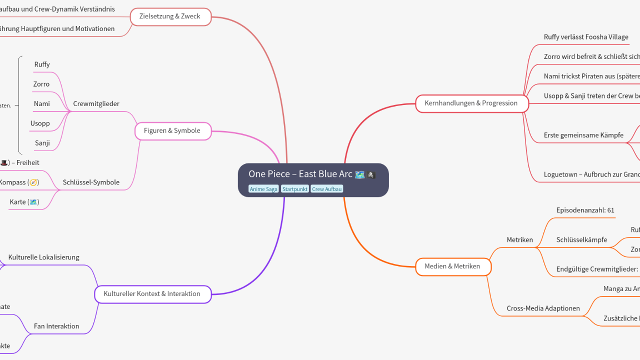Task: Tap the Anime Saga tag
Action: [x=263, y=189]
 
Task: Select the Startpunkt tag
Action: [x=294, y=189]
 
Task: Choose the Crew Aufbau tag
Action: [x=326, y=189]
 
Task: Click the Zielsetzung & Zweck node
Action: [x=169, y=16]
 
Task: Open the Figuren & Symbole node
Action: [x=172, y=131]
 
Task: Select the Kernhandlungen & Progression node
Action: [x=471, y=103]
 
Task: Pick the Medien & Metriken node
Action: [x=452, y=266]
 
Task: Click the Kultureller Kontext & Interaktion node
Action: [x=152, y=294]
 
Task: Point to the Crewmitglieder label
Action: [x=96, y=104]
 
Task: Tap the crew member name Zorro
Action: [x=41, y=84]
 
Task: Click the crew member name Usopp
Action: [x=40, y=123]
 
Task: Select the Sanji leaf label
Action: [x=42, y=143]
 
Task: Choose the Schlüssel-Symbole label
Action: [x=91, y=182]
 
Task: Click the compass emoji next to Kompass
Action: [x=33, y=182]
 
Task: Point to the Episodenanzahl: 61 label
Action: [x=585, y=210]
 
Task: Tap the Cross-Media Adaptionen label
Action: [x=543, y=308]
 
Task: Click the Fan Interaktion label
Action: [x=56, y=326]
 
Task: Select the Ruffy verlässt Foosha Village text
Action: [x=586, y=37]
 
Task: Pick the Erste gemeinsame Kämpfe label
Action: [x=583, y=135]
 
